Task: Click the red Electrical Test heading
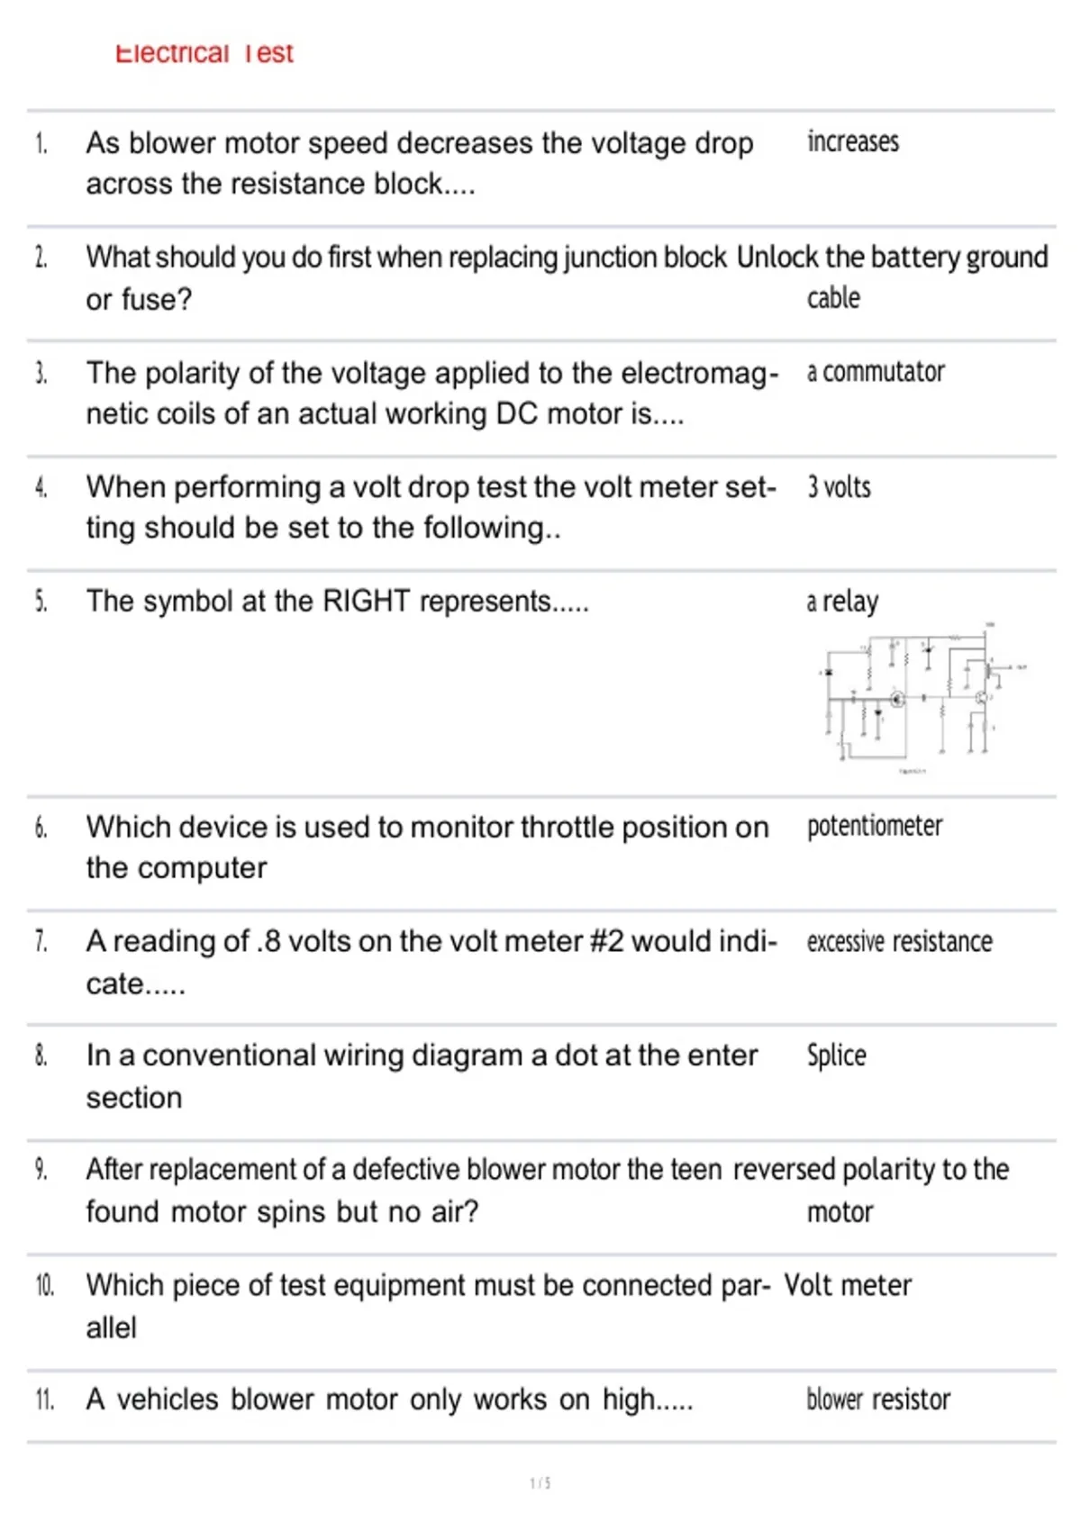204,53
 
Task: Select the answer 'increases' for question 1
852,142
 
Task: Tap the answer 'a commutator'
875,372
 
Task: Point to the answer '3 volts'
839,487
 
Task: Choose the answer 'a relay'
842,602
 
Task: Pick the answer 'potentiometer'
874,826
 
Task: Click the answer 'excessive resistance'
899,942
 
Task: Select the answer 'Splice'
836,1055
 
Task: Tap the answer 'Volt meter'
847,1285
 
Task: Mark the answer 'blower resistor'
877,1400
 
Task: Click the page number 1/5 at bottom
540,1482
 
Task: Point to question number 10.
45,1285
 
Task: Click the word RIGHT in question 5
366,601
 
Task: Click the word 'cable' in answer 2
833,298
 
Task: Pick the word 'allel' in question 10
112,1327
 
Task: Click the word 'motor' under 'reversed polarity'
840,1212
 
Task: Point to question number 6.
41,827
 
